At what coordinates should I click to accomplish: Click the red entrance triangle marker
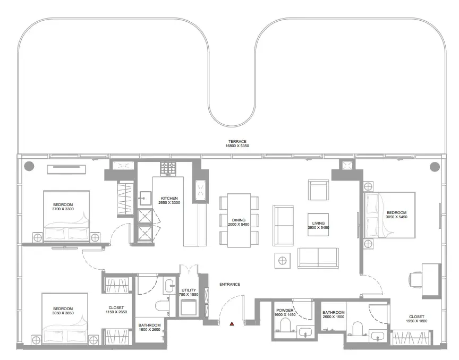[x=232, y=323]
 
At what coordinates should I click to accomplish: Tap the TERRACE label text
[x=237, y=141]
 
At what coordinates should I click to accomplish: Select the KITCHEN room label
[x=169, y=198]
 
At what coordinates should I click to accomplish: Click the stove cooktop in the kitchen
[x=168, y=169]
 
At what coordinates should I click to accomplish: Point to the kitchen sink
[x=145, y=199]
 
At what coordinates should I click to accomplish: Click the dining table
[x=239, y=220]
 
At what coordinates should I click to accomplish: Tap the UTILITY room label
[x=189, y=290]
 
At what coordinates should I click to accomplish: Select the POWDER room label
[x=285, y=310]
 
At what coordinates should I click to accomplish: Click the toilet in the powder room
[x=285, y=325]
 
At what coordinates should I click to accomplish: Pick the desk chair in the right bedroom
[x=415, y=279]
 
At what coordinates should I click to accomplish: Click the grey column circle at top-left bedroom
[x=29, y=166]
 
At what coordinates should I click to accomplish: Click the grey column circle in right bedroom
[x=435, y=167]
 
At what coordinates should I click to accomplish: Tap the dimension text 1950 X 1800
[x=416, y=321]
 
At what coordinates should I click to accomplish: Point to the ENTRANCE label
[x=230, y=284]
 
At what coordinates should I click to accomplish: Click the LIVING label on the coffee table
[x=319, y=223]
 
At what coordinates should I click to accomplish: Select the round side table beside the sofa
[x=283, y=261]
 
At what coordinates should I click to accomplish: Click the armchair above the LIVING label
[x=319, y=190]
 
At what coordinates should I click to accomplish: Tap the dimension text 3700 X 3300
[x=63, y=209]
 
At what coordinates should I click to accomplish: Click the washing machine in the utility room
[x=189, y=307]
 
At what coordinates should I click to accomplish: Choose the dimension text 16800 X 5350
[x=237, y=146]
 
